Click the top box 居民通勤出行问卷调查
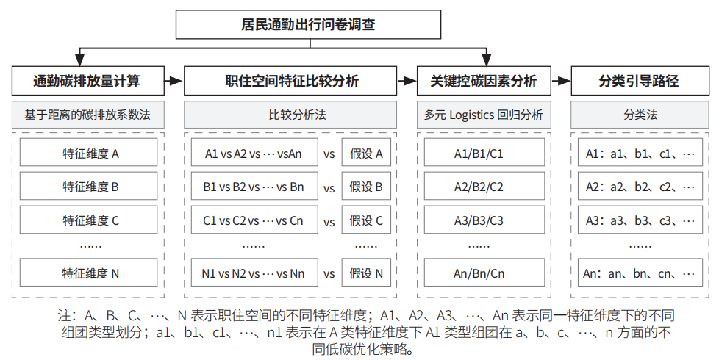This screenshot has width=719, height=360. pos(308,24)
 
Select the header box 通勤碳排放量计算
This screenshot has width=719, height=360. pos(88,81)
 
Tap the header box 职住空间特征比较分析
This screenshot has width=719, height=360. pos(290,81)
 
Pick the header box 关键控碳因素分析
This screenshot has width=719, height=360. pos(484,81)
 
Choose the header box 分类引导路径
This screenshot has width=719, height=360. pos(640,81)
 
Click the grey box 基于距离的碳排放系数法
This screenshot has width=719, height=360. pos(88,115)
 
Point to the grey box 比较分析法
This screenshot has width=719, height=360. pos(290,115)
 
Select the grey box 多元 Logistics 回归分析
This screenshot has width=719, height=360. pos(484,115)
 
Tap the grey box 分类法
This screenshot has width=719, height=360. pos(640,115)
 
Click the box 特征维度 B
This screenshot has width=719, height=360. pos(88,186)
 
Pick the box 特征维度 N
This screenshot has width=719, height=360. pos(88,273)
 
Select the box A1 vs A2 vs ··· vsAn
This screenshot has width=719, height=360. pos(254,153)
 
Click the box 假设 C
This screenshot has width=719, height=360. pos(366,220)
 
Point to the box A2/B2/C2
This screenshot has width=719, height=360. pos(484,186)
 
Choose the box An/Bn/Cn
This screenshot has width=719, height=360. pos(484,273)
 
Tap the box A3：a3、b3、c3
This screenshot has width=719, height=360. pos(640,220)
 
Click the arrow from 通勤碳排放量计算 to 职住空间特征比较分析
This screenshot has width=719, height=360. pos(174,81)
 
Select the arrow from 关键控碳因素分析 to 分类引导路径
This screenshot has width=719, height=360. pos(561,81)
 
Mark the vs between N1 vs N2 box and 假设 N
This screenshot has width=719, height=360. pos(329,274)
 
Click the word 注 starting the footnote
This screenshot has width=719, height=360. pos(64,315)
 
